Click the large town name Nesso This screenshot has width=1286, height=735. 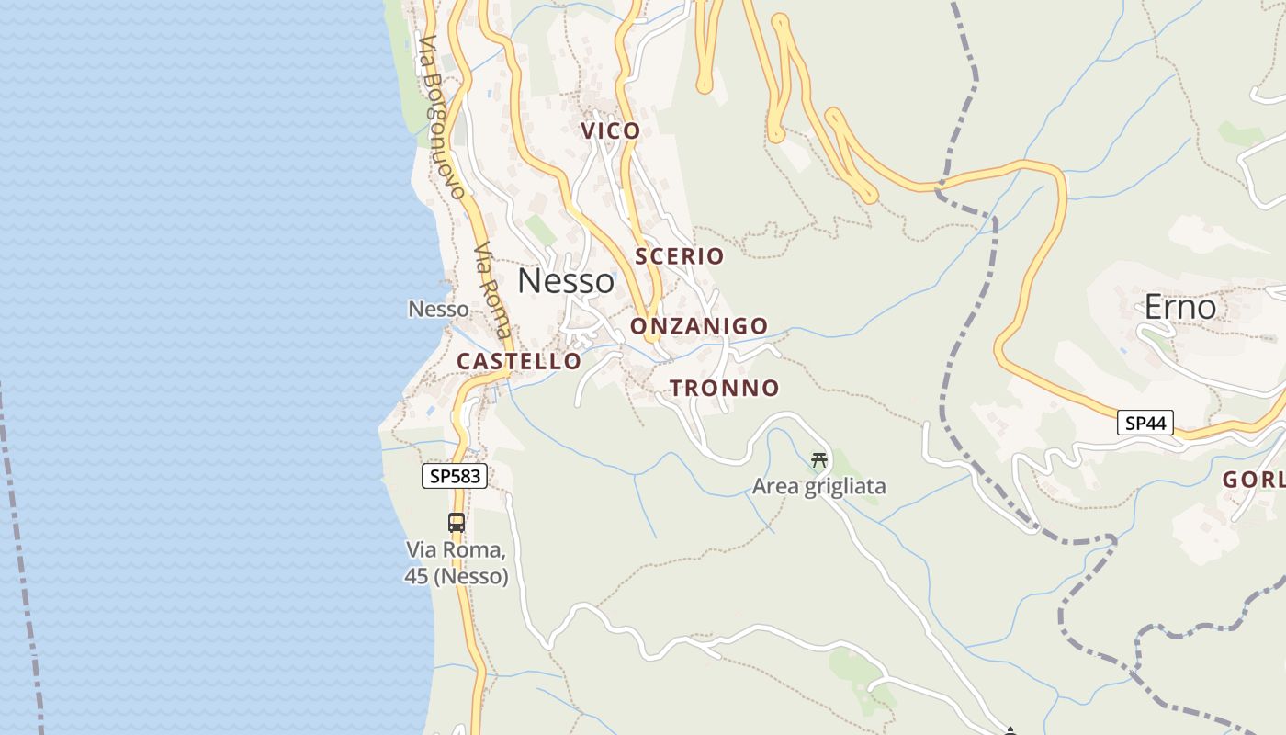[566, 281]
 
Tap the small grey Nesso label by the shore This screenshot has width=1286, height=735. [438, 310]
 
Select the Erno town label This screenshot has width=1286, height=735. [1179, 307]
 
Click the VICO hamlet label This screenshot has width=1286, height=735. [611, 131]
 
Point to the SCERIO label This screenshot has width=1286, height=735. [680, 256]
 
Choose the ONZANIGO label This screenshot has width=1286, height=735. [699, 326]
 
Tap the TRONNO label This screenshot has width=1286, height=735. [725, 388]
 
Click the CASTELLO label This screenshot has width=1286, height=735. [519, 362]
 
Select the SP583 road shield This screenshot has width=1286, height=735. [455, 476]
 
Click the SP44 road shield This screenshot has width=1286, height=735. [1145, 423]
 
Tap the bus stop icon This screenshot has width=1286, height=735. [457, 523]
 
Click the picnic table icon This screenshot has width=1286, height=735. [818, 460]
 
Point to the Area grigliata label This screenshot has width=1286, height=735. [819, 486]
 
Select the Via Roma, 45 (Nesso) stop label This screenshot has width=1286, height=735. [457, 563]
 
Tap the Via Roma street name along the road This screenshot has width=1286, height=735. [493, 289]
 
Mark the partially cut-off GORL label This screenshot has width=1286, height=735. [1253, 480]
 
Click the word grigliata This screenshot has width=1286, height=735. [845, 486]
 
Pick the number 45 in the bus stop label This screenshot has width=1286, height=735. [416, 577]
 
